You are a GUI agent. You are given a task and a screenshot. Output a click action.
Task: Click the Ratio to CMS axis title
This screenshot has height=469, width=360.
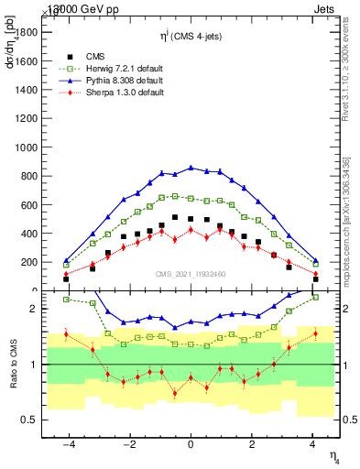[14, 366]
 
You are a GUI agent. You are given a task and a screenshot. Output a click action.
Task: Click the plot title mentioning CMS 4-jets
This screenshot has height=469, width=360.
[191, 35]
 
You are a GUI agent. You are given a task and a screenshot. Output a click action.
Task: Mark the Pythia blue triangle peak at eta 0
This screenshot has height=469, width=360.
[191, 168]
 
